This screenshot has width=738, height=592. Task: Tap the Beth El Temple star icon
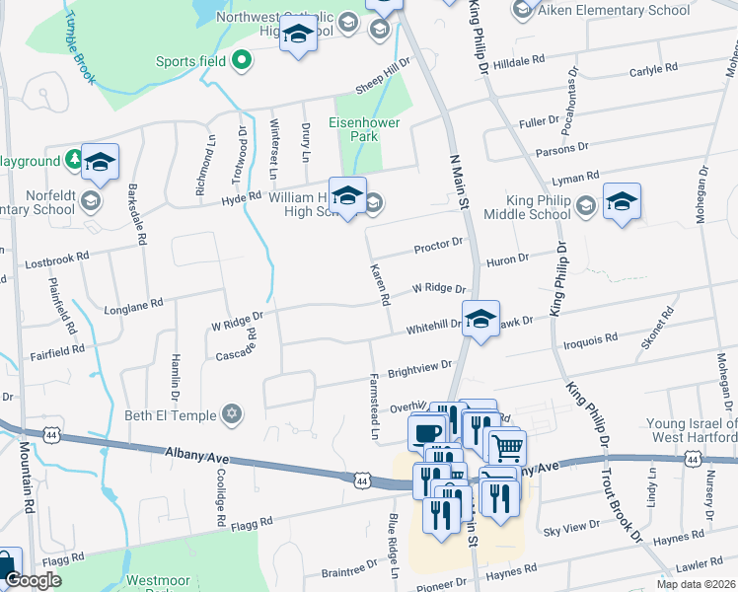[x=231, y=414]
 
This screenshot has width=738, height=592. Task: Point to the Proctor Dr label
[x=439, y=243]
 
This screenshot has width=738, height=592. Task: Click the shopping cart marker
[x=507, y=448]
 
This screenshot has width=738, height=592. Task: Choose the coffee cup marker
[x=428, y=433]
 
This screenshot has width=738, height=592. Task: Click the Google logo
[x=33, y=581]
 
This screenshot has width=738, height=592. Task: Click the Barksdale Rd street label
[x=137, y=218]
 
